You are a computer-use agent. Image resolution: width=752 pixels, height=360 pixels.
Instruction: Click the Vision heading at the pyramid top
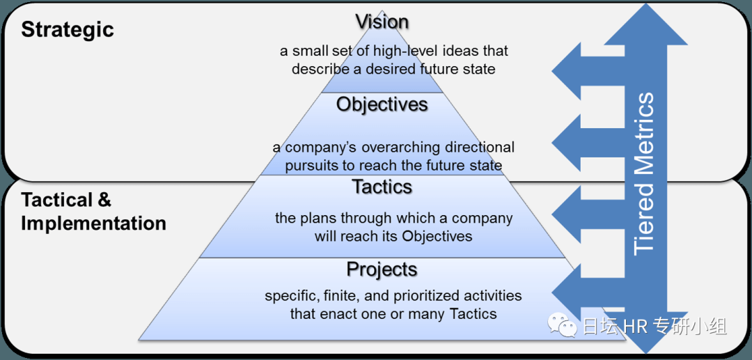pyautogui.click(x=382, y=22)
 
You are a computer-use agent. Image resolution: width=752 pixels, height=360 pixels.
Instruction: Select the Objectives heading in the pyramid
pyautogui.click(x=382, y=104)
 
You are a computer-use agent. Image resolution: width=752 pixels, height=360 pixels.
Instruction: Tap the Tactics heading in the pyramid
pyautogui.click(x=382, y=187)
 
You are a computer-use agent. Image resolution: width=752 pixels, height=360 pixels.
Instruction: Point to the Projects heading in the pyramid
pyautogui.click(x=382, y=269)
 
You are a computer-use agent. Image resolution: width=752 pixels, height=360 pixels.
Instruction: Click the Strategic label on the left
pyautogui.click(x=67, y=30)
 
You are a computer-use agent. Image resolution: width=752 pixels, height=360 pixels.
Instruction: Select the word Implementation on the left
pyautogui.click(x=93, y=224)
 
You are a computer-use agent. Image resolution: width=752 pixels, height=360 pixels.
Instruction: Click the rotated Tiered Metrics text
pyautogui.click(x=643, y=173)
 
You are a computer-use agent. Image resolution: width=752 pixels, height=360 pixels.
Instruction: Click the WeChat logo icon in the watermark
pyautogui.click(x=563, y=324)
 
